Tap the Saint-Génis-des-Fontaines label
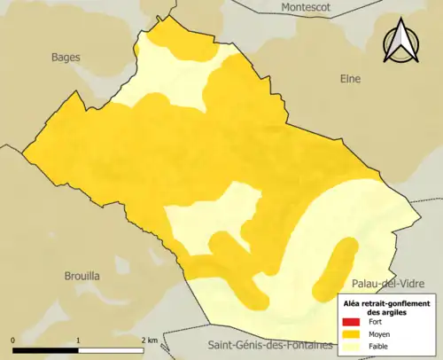click(x=269, y=344)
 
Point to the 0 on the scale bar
click(x=13, y=340)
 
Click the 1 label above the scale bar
click(x=79, y=340)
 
